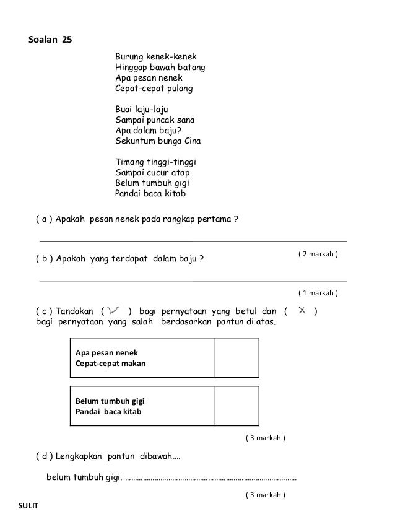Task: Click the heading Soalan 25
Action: coord(51,41)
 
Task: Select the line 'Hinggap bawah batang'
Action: coord(160,67)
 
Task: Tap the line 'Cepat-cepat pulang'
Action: coord(154,88)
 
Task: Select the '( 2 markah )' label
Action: coord(318,255)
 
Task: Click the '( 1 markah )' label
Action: coord(318,292)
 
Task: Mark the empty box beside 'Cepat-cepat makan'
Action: coord(237,358)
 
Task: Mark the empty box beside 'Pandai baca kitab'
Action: coord(237,406)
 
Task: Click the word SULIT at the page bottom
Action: coord(27,507)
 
